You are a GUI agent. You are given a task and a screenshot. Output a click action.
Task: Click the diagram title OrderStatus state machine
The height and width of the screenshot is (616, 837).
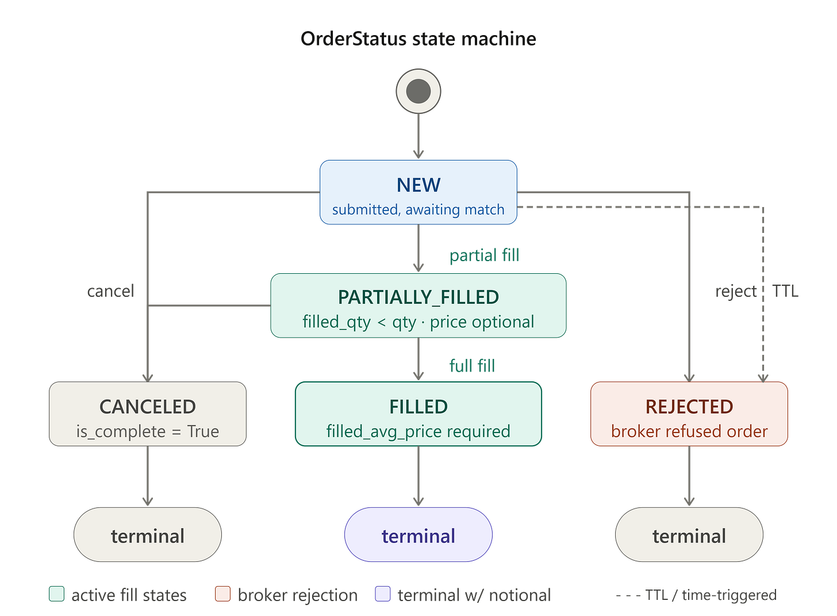pyautogui.click(x=418, y=39)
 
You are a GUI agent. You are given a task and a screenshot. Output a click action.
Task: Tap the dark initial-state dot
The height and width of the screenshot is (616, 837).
pyautogui.click(x=418, y=91)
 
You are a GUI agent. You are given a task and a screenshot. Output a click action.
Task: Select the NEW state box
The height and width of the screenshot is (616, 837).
pyautogui.click(x=418, y=192)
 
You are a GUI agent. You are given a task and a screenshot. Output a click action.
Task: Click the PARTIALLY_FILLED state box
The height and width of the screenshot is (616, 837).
pyautogui.click(x=418, y=305)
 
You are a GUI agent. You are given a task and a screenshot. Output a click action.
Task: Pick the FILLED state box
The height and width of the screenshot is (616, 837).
pyautogui.click(x=418, y=414)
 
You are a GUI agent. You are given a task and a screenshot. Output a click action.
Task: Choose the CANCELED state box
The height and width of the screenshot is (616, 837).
pyautogui.click(x=148, y=414)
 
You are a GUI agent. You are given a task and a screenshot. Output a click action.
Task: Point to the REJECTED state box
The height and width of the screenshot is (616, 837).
pyautogui.click(x=689, y=414)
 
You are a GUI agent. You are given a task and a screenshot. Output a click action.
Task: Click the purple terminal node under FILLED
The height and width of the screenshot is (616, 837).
pyautogui.click(x=418, y=534)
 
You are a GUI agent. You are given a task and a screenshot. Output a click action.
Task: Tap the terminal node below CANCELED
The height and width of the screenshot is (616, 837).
pyautogui.click(x=148, y=534)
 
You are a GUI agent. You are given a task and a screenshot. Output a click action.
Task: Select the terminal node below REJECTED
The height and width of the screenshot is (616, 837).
pyautogui.click(x=689, y=534)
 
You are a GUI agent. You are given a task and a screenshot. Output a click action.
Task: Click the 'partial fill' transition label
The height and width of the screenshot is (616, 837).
pyautogui.click(x=484, y=256)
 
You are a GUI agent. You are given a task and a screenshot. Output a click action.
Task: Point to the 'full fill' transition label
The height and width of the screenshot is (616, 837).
pyautogui.click(x=472, y=366)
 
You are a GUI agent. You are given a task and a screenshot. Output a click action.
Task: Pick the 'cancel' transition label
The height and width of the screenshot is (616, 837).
pyautogui.click(x=110, y=291)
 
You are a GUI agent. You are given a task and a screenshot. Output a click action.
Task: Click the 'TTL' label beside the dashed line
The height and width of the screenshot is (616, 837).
pyautogui.click(x=785, y=291)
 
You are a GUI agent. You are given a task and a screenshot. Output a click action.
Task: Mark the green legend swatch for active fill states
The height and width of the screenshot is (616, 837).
pyautogui.click(x=56, y=594)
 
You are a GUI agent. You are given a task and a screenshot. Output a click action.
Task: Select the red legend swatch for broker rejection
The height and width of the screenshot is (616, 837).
pyautogui.click(x=222, y=594)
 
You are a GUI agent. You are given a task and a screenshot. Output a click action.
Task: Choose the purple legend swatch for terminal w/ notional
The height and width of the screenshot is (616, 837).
pyautogui.click(x=383, y=594)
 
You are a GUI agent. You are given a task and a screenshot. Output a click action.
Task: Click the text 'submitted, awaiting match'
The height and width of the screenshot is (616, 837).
pyautogui.click(x=418, y=210)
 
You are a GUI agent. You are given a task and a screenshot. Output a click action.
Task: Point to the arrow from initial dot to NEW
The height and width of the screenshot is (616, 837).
pyautogui.click(x=418, y=136)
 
